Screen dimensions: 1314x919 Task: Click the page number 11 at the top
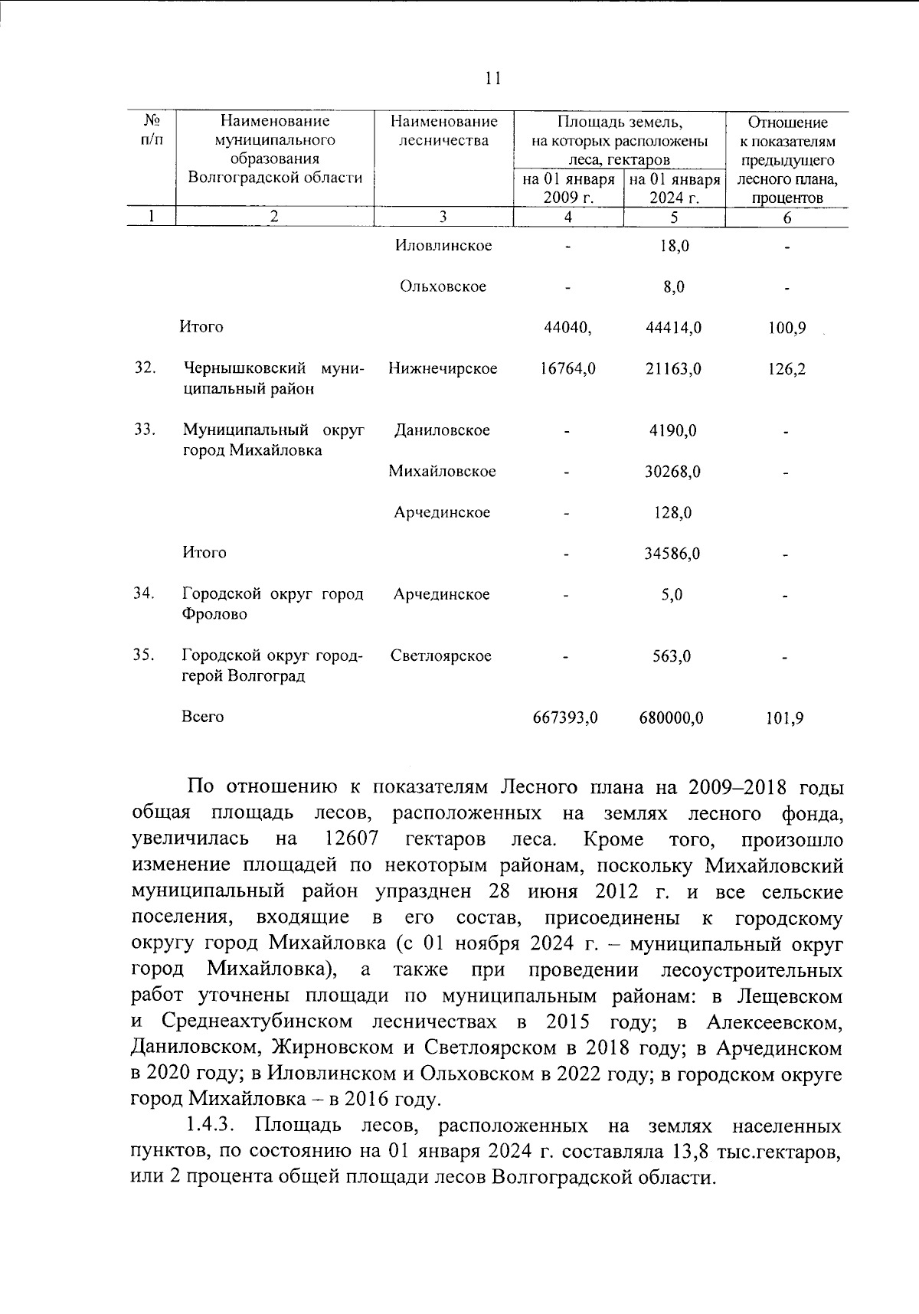click(492, 78)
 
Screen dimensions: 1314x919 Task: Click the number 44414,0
click(673, 328)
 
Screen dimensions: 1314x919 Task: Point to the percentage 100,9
click(787, 328)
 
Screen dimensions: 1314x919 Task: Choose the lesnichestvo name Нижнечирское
click(443, 368)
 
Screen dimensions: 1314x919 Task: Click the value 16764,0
click(567, 369)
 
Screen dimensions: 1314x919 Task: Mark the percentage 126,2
click(787, 369)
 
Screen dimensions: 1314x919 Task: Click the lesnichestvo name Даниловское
click(442, 430)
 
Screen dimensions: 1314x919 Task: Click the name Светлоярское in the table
click(441, 655)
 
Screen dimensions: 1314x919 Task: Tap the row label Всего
click(203, 717)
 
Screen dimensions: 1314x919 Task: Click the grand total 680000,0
click(672, 718)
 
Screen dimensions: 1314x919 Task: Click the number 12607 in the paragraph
click(352, 838)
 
